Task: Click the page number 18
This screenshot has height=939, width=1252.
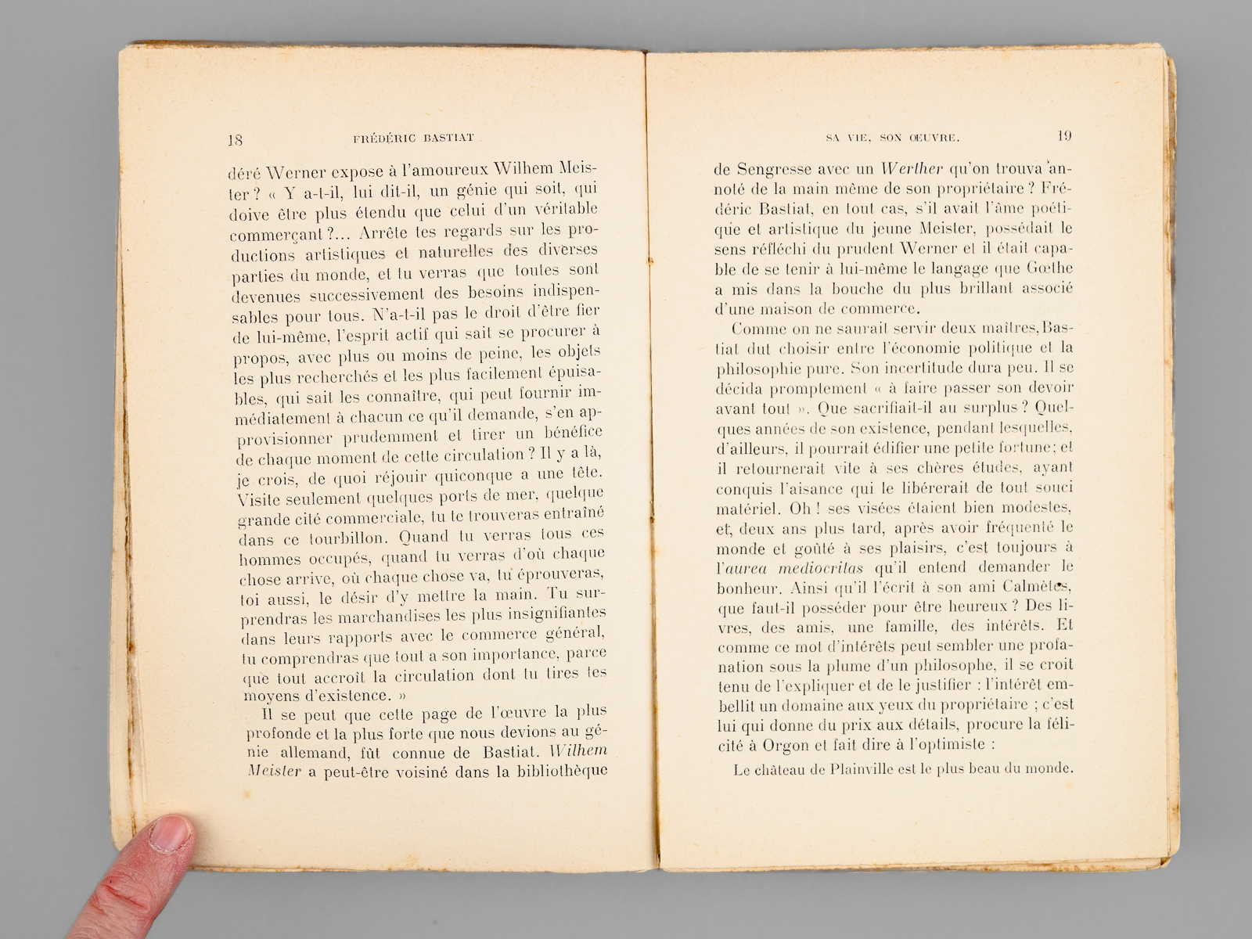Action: (x=235, y=141)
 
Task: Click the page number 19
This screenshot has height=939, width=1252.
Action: (x=1063, y=135)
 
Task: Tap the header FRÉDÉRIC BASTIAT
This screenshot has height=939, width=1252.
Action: (x=413, y=139)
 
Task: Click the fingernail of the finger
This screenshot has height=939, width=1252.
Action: (x=170, y=835)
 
